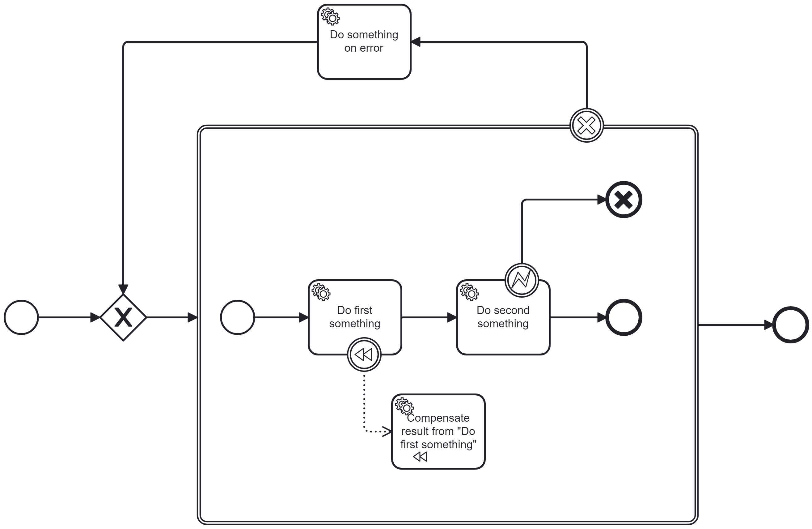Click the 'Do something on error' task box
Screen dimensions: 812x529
coord(364,42)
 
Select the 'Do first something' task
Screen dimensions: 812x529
coord(355,318)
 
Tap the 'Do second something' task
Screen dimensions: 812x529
coord(503,318)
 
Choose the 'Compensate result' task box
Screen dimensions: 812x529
coord(438,432)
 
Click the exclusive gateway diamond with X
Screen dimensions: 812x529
coord(123,318)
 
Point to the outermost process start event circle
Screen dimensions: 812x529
coord(21,318)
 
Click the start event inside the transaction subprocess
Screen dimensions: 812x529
coord(238,318)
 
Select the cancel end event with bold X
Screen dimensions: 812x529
coord(624,200)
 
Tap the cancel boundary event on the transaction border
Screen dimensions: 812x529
coord(586,126)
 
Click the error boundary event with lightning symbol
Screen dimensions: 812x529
coord(522,280)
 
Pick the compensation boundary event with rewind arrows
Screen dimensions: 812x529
coord(364,355)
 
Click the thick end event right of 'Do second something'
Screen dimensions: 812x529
coord(624,318)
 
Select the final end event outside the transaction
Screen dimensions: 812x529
coord(790,325)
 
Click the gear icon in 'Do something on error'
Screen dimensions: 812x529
coord(330,16)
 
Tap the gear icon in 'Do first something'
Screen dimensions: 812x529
coord(321,292)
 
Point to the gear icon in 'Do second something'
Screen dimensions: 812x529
coord(469,292)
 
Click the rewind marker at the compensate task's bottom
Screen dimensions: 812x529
coord(420,457)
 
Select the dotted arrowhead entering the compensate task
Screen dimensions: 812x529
coord(387,432)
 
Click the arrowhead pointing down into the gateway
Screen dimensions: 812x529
coord(123,289)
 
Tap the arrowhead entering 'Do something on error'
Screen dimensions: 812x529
coord(416,42)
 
